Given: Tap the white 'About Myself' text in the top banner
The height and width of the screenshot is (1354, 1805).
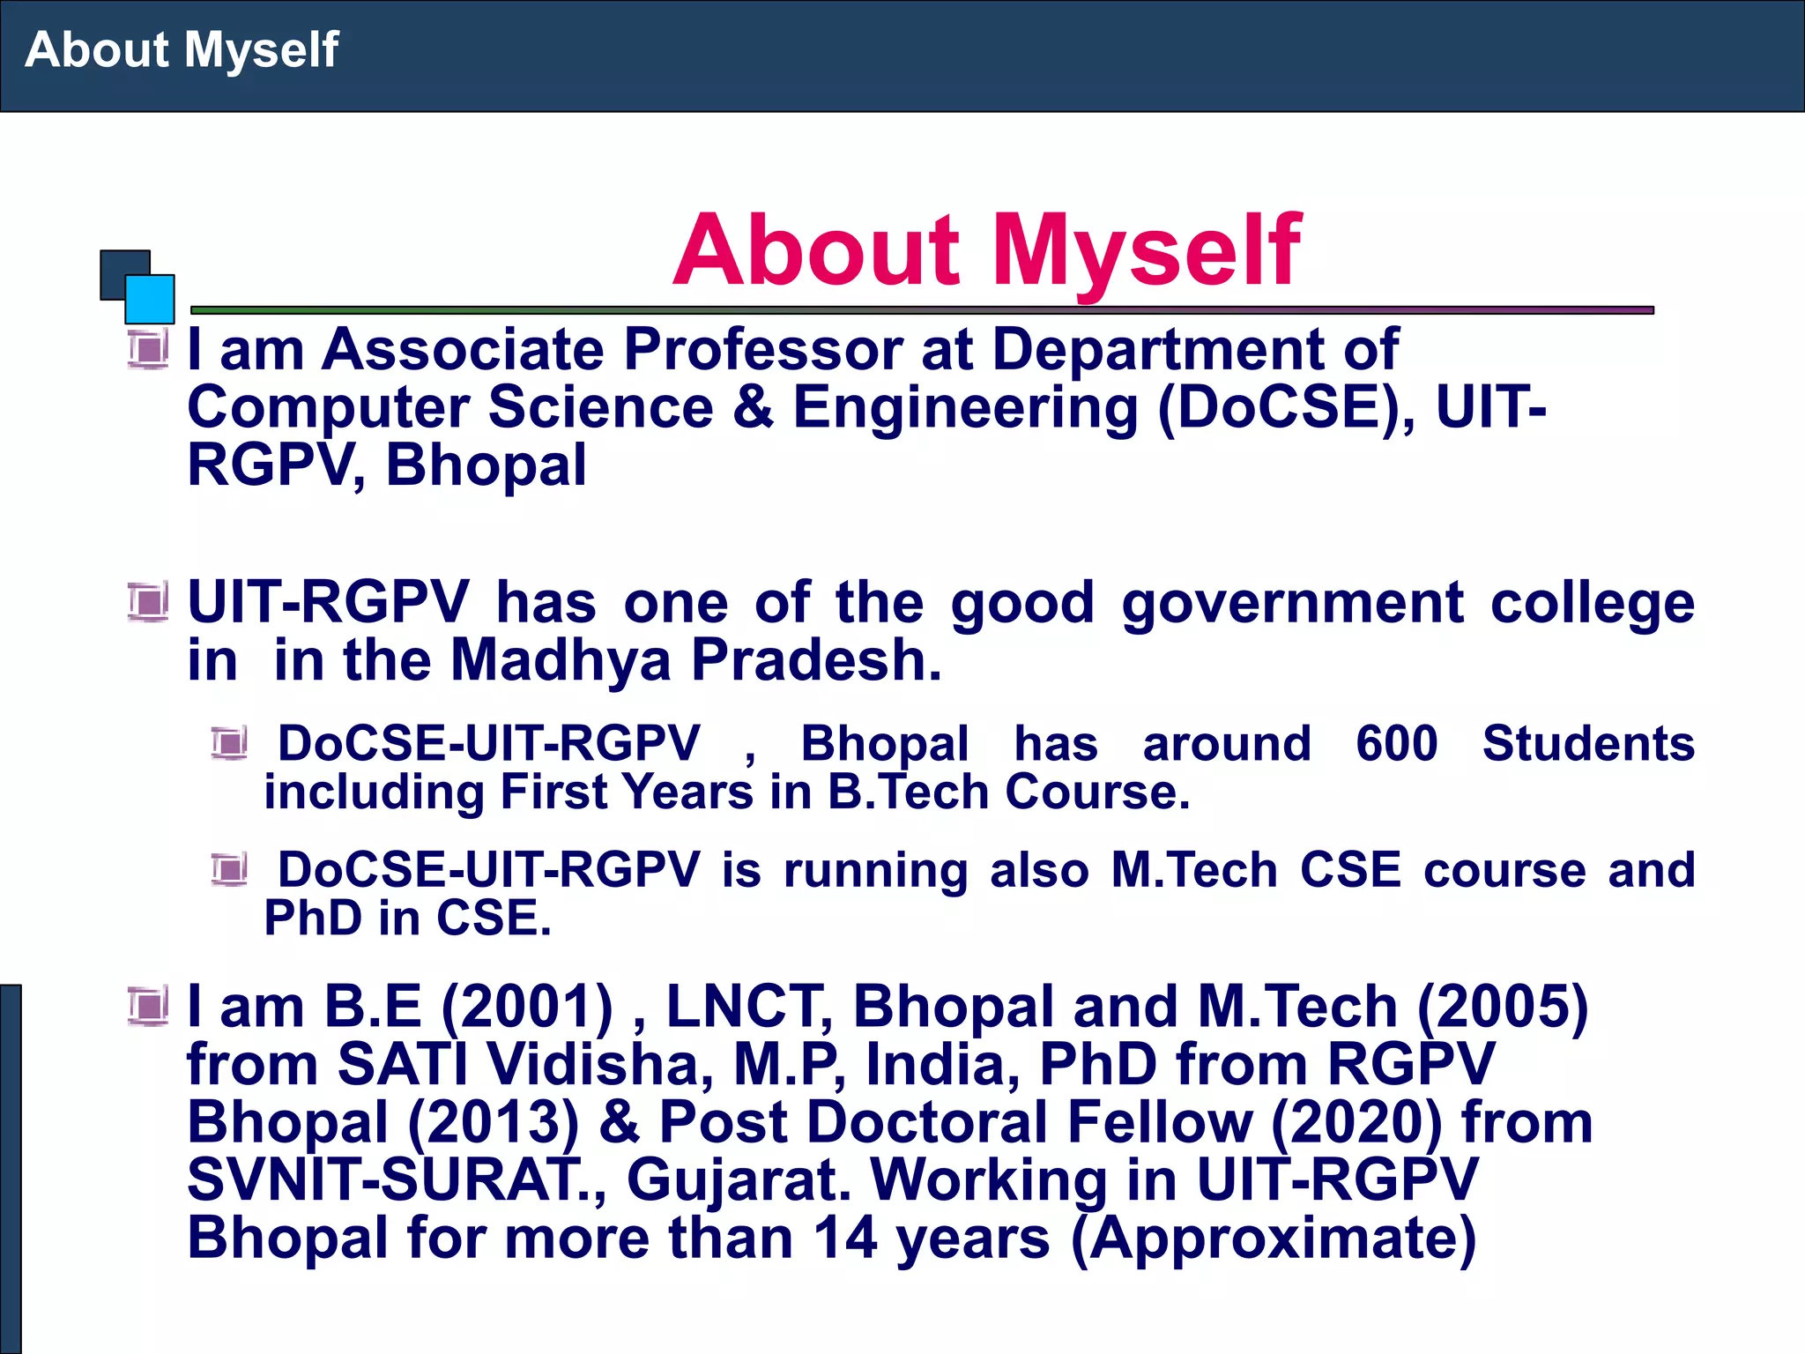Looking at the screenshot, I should [182, 49].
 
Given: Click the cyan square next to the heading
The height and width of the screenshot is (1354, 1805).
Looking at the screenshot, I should [150, 300].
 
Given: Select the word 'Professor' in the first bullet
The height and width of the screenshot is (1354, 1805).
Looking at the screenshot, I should [762, 350].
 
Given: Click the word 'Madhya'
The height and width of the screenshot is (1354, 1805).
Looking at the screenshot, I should [561, 660].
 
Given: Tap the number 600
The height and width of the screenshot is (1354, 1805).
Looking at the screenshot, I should [1396, 743].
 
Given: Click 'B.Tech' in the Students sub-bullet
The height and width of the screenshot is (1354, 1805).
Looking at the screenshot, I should [908, 792].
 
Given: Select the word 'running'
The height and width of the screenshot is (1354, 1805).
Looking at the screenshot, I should [874, 870].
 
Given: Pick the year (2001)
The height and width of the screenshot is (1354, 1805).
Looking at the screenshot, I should [526, 1007].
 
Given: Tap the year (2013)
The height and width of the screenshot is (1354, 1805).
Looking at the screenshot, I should [494, 1122].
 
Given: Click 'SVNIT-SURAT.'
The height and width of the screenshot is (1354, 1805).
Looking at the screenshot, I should [392, 1179].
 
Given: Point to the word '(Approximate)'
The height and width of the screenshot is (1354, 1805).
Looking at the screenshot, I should [1273, 1238].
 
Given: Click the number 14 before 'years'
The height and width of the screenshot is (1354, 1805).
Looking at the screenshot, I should [843, 1238].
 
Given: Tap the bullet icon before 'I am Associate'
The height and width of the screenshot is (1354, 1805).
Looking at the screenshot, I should [147, 350].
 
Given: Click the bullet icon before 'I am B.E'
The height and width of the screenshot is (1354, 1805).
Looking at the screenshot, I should [147, 1007].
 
